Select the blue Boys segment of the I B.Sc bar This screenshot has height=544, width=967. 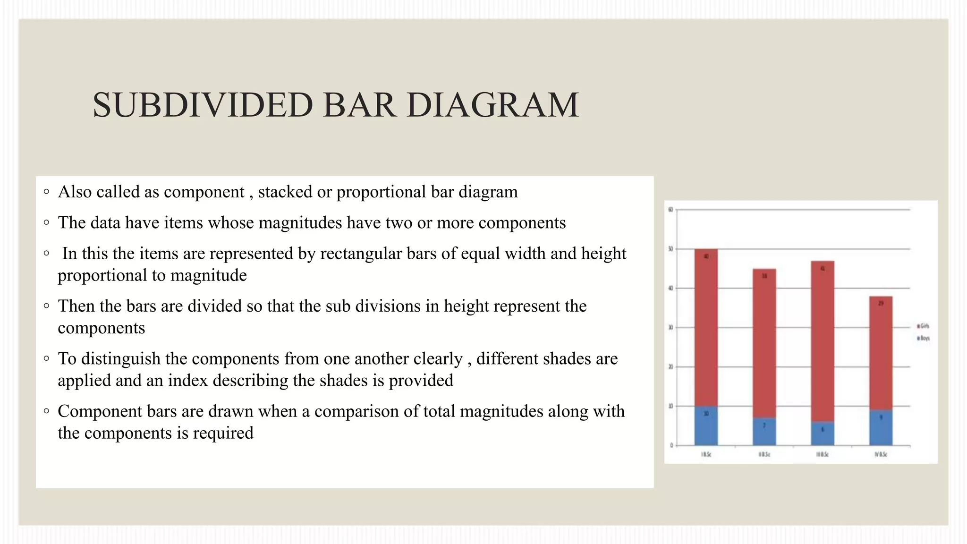(x=706, y=426)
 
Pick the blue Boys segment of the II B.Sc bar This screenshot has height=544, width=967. (x=764, y=432)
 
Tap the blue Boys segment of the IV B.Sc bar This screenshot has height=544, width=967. (x=881, y=428)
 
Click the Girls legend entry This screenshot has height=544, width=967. (x=923, y=326)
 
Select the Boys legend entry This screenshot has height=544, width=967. (x=923, y=338)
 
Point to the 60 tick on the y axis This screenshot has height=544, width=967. (x=670, y=210)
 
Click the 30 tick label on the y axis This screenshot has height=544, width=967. (x=670, y=327)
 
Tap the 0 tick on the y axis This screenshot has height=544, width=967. (x=671, y=445)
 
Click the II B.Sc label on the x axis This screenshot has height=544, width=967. (x=764, y=454)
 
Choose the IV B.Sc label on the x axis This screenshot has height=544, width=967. (x=881, y=454)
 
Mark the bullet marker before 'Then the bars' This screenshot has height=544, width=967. (x=46, y=306)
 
